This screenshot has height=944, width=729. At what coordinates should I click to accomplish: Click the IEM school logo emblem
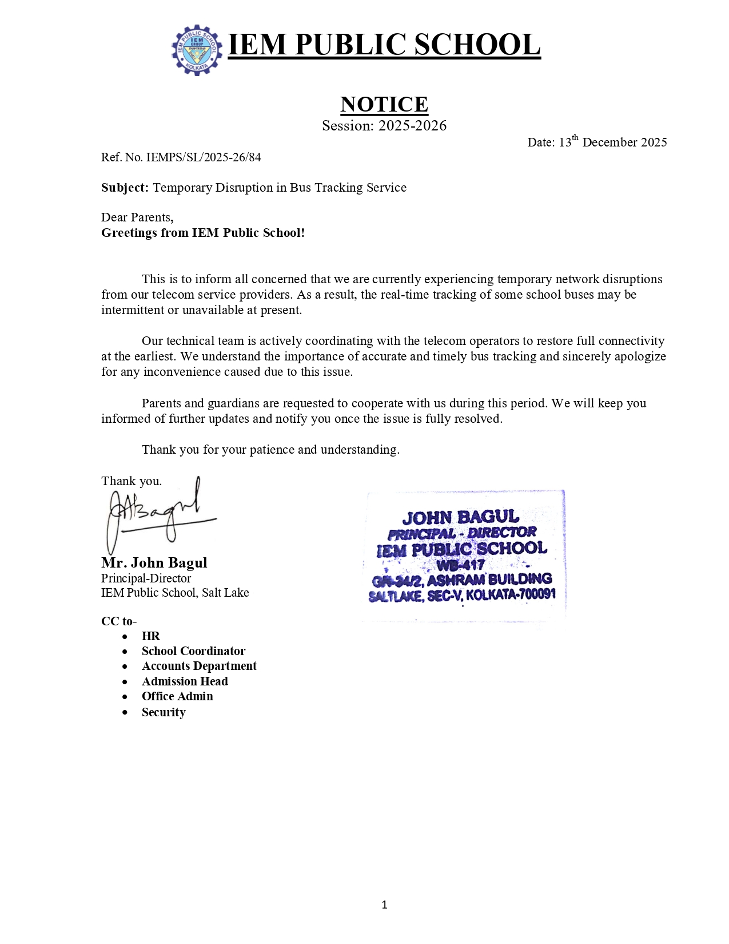(x=197, y=50)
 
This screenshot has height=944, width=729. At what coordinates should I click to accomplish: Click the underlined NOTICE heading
(x=384, y=104)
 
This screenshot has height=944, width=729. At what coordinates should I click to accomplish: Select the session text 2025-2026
(x=412, y=126)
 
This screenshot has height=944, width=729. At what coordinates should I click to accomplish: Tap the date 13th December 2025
(x=612, y=142)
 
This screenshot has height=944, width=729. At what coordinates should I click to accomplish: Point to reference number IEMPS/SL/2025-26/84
(x=204, y=157)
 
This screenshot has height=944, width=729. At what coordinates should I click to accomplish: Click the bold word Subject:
(x=125, y=188)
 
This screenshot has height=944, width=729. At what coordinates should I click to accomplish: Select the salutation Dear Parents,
(x=137, y=217)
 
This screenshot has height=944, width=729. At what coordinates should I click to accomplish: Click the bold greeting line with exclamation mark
(x=203, y=233)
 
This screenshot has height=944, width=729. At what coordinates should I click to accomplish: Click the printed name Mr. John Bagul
(x=154, y=563)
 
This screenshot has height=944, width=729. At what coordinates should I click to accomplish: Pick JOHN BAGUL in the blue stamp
(x=461, y=517)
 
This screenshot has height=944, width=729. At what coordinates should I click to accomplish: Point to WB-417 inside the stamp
(x=461, y=565)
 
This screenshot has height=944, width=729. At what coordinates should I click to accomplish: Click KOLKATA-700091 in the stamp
(x=511, y=594)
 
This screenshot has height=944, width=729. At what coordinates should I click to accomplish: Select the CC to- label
(x=119, y=621)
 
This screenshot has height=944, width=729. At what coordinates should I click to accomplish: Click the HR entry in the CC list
(x=151, y=636)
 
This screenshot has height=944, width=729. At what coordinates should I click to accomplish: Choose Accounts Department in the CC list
(x=199, y=666)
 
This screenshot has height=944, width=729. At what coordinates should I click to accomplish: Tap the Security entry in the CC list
(x=164, y=712)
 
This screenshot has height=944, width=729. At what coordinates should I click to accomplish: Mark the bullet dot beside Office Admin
(x=125, y=697)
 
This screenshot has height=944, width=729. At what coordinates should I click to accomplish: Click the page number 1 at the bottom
(x=384, y=905)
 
